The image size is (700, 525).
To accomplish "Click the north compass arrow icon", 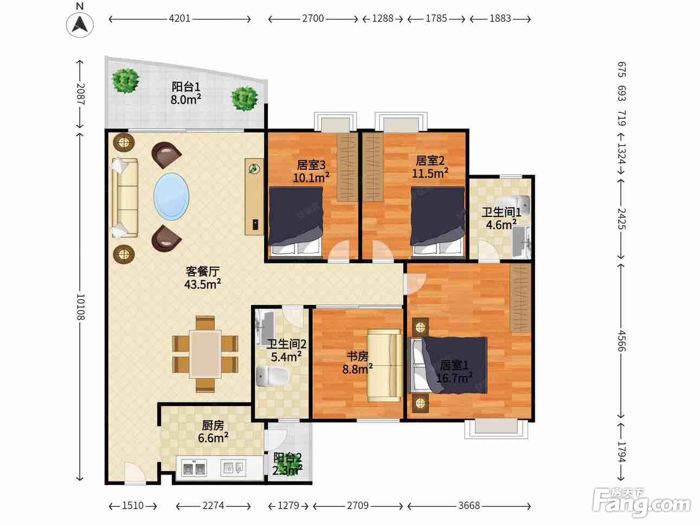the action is pos(80,24).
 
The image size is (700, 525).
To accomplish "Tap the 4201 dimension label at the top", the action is pos(179,18).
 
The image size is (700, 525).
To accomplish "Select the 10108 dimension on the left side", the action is pos(80,307).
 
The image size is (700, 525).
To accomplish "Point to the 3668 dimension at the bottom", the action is pos(469,505).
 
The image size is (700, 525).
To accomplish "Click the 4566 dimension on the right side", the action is pos(621,341).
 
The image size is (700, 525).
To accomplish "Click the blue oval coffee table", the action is pos(171,196).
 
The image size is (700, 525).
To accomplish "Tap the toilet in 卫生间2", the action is pos(272,376).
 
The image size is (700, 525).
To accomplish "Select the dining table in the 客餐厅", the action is pos(205,354).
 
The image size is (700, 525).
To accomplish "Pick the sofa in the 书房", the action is pos(384,365).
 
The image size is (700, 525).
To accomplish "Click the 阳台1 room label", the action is pos(186,87).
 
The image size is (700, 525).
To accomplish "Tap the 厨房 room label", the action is pos(213,426).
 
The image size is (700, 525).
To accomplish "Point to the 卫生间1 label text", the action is pos(501,212).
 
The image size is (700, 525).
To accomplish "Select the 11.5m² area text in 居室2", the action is pos(430,174).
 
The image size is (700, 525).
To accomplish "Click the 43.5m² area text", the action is pos(202,284).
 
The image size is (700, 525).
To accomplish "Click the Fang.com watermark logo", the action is pos(641,502).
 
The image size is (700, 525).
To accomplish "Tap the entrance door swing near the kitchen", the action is pos(135,472).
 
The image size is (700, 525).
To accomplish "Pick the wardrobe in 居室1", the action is pos(521,298).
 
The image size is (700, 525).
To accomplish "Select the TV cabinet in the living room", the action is pos(254,197).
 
